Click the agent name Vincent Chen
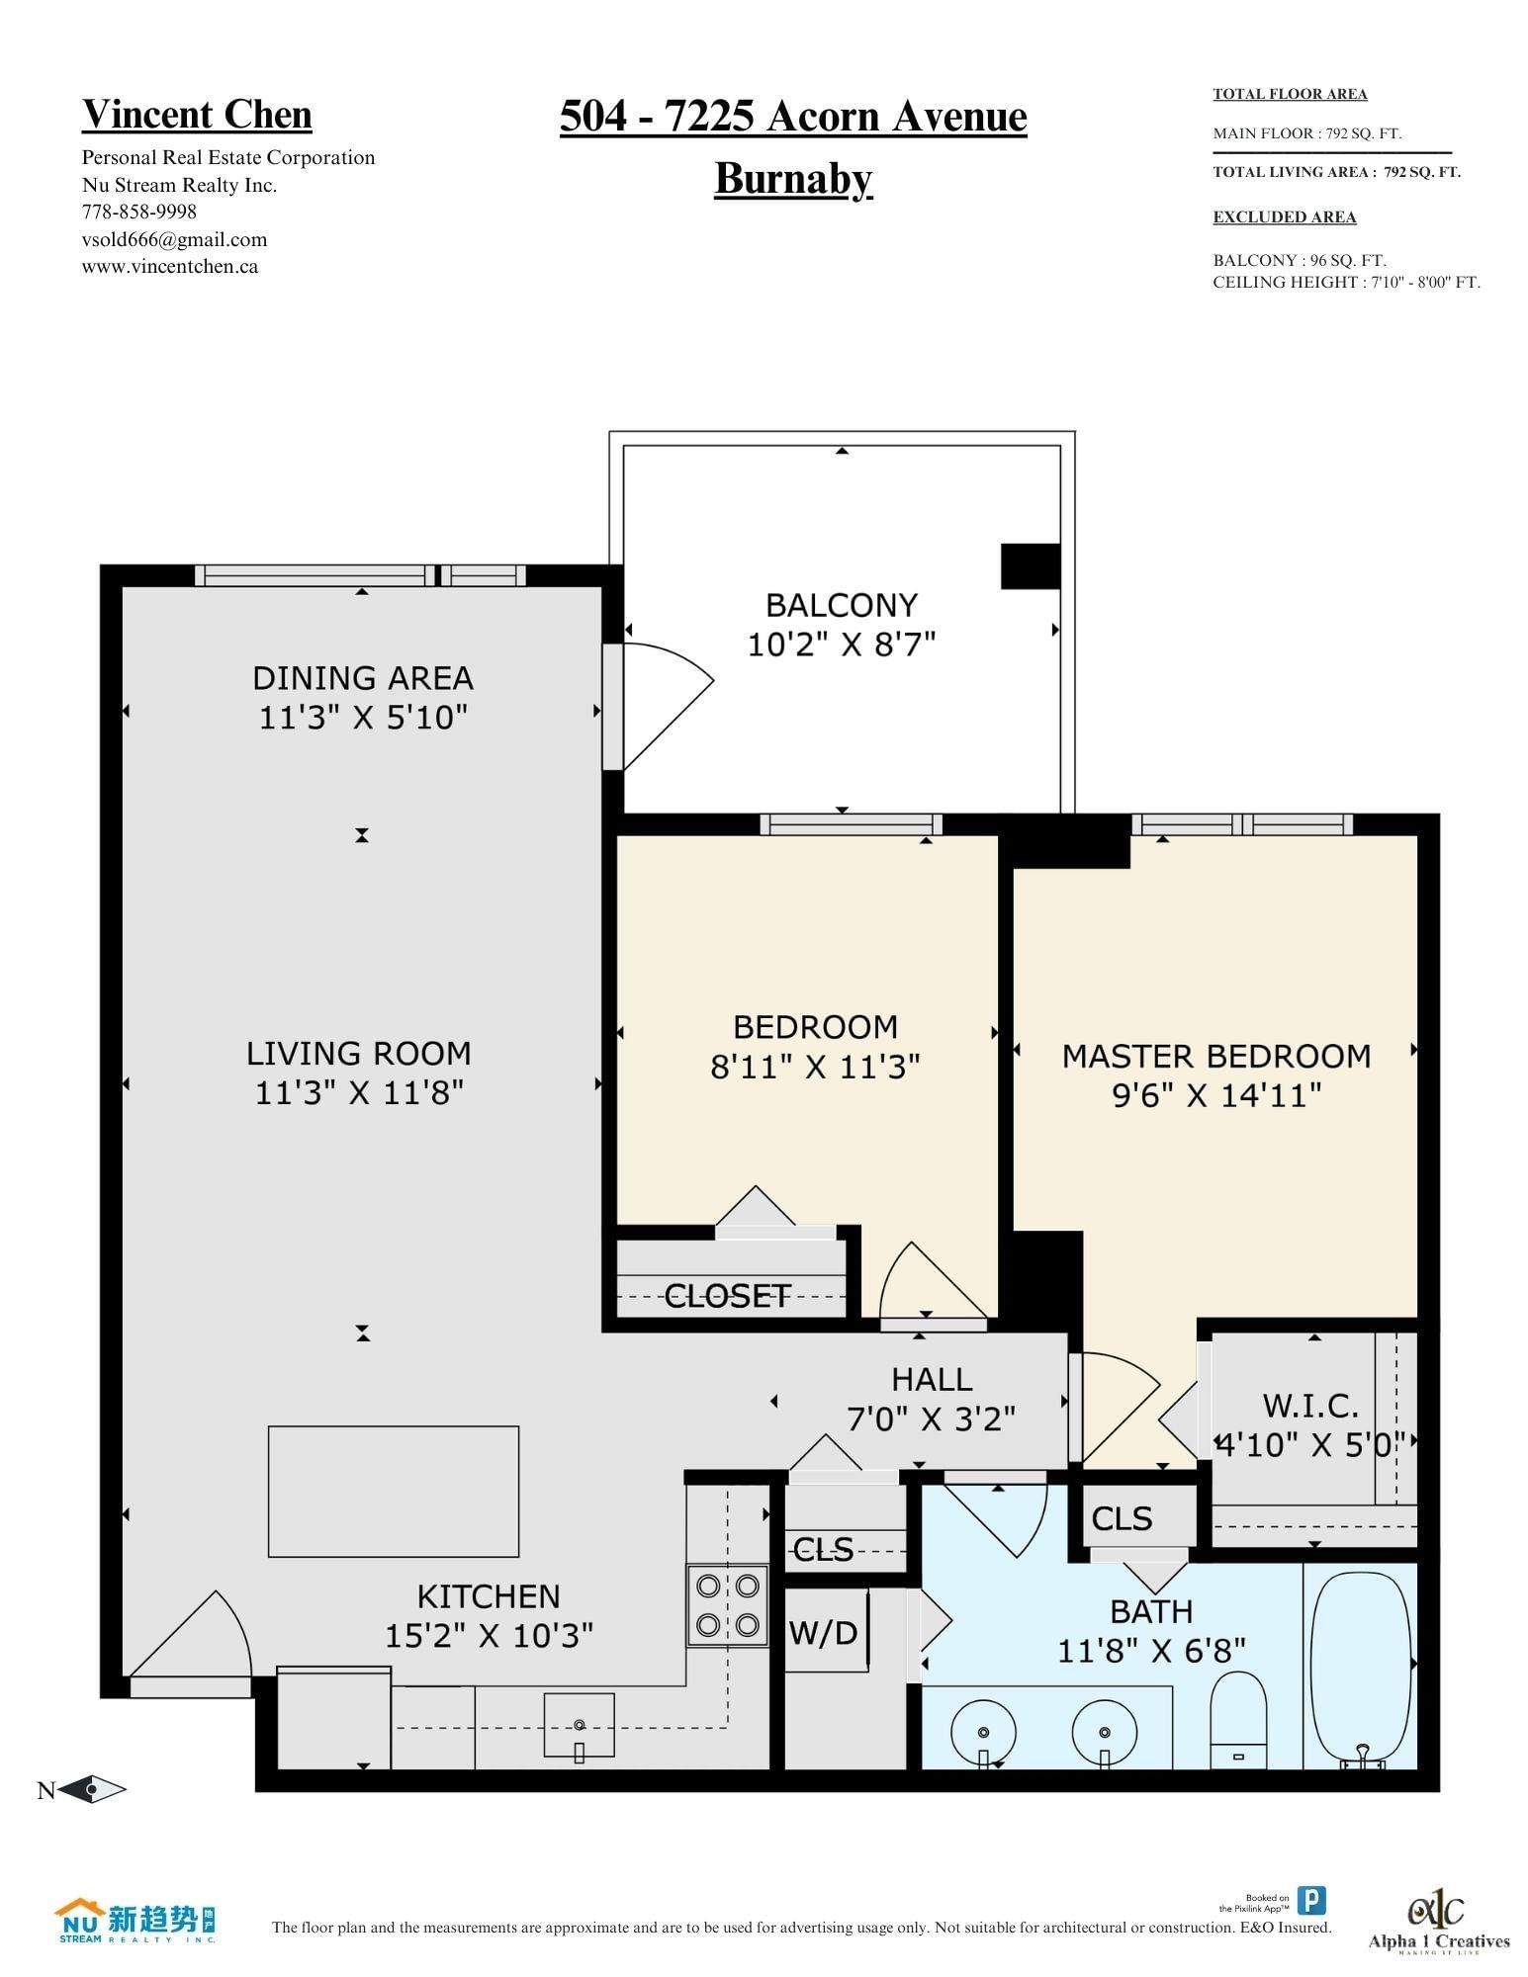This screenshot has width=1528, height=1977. [x=197, y=115]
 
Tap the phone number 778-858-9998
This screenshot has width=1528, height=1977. [x=138, y=212]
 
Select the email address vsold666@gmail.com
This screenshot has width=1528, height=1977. [x=174, y=239]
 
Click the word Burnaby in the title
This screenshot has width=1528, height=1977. [x=793, y=180]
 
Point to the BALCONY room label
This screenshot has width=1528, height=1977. [x=842, y=605]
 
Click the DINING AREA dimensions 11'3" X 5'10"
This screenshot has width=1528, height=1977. [x=363, y=717]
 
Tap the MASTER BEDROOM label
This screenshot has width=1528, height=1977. [x=1216, y=1056]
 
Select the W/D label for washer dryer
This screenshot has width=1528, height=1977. [x=823, y=1632]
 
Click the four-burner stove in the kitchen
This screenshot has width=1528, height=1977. [x=728, y=1605]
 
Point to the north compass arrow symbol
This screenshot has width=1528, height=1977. [x=93, y=1789]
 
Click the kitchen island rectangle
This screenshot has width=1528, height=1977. [x=394, y=1492]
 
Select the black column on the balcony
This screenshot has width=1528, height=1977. [x=1031, y=566]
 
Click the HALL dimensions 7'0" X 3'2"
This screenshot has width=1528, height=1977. [x=932, y=1419]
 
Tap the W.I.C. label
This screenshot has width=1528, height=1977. [x=1310, y=1405]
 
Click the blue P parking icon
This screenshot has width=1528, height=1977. [x=1311, y=1900]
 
